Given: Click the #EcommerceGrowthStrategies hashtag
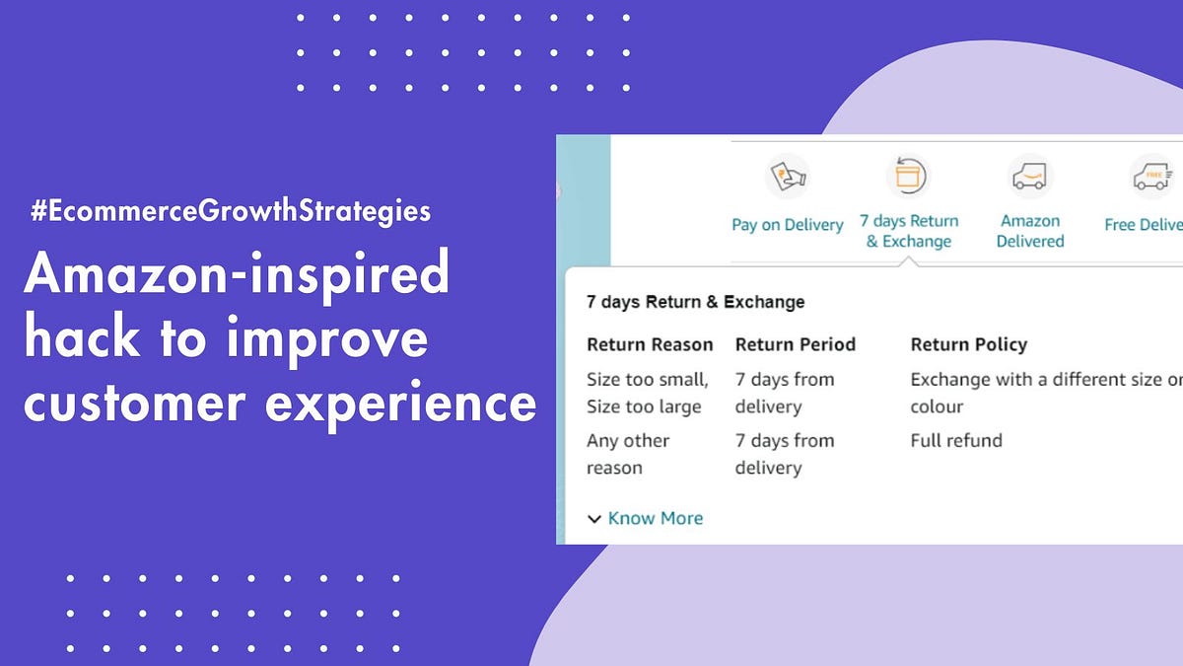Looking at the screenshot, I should [231, 211].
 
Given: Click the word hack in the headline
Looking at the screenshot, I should [81, 338].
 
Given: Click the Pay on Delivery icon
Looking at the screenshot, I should [787, 178].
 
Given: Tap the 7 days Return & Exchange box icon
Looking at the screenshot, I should [908, 177].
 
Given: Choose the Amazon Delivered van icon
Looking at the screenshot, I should [1030, 178].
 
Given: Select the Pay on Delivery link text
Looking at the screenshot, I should [787, 225].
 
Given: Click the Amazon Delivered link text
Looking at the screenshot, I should [1030, 231].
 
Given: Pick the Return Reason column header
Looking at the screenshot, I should [650, 344].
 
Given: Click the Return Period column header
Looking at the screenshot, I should [795, 344].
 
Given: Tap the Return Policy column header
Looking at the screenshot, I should [968, 344].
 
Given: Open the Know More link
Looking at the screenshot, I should [656, 518].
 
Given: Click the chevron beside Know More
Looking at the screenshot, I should [594, 519].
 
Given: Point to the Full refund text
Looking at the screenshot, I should [955, 440].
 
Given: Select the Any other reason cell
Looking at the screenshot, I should [628, 454].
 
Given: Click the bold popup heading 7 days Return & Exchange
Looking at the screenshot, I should [695, 302].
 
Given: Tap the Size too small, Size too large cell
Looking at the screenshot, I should [647, 393].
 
